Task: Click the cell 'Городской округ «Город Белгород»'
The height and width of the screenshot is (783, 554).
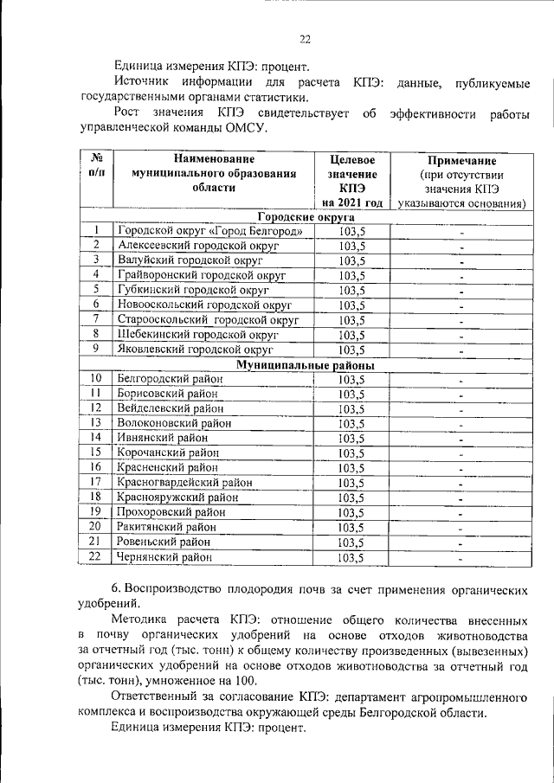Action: click(210, 231)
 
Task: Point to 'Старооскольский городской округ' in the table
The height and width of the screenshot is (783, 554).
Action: click(208, 320)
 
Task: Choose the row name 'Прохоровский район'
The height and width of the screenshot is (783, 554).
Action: click(172, 512)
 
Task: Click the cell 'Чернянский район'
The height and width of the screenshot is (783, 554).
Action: click(164, 557)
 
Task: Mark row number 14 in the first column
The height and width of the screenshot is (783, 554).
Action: click(97, 438)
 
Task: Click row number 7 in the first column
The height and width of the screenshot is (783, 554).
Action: click(97, 319)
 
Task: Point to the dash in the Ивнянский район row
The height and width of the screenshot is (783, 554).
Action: click(461, 439)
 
